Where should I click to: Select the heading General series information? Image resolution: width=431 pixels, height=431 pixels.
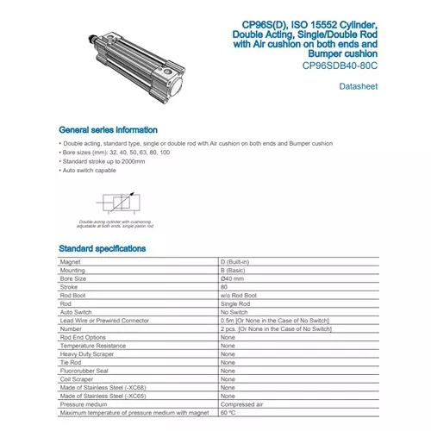pyautogui.click(x=108, y=128)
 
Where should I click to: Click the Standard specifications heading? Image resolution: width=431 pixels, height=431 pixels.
pyautogui.click(x=102, y=248)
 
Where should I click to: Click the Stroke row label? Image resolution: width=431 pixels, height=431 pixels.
pyautogui.click(x=69, y=286)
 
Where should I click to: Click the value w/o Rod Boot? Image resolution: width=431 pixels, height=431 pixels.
pyautogui.click(x=240, y=296)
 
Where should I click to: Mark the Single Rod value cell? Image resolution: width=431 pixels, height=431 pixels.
pyautogui.click(x=236, y=303)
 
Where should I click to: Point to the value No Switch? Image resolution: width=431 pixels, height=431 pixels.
pyautogui.click(x=235, y=311)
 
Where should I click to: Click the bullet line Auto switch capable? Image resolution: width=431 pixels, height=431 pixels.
pyautogui.click(x=91, y=171)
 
